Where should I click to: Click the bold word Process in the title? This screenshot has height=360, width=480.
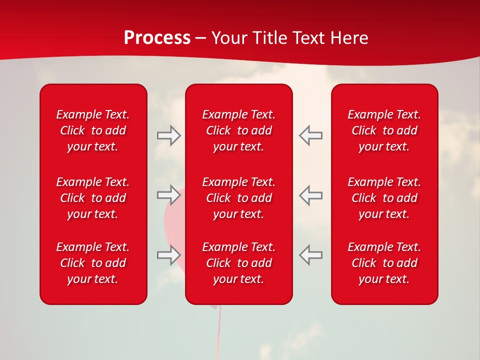tap(157, 38)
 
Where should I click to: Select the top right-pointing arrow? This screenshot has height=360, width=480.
tap(168, 135)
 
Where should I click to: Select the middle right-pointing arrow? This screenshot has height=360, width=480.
tap(168, 195)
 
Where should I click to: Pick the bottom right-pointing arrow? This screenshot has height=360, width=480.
tap(168, 255)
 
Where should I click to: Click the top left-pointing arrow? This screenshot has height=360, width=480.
tap(311, 135)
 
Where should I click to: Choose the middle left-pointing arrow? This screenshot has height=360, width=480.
tap(311, 195)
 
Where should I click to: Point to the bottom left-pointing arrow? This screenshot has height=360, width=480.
tap(311, 255)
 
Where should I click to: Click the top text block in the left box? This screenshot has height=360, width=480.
tap(93, 130)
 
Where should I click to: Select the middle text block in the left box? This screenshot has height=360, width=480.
tap(93, 198)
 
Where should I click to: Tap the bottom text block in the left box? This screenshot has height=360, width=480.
tap(93, 263)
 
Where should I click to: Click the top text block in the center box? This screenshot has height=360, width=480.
tap(239, 130)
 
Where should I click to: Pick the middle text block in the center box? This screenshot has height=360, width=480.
tap(239, 198)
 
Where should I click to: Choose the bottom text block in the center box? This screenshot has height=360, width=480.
tap(239, 263)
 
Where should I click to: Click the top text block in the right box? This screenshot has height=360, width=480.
tap(384, 130)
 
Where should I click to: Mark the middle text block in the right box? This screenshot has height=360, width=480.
tap(384, 198)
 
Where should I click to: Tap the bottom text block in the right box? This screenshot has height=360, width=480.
tap(384, 263)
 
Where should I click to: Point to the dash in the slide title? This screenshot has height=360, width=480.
tap(201, 38)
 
